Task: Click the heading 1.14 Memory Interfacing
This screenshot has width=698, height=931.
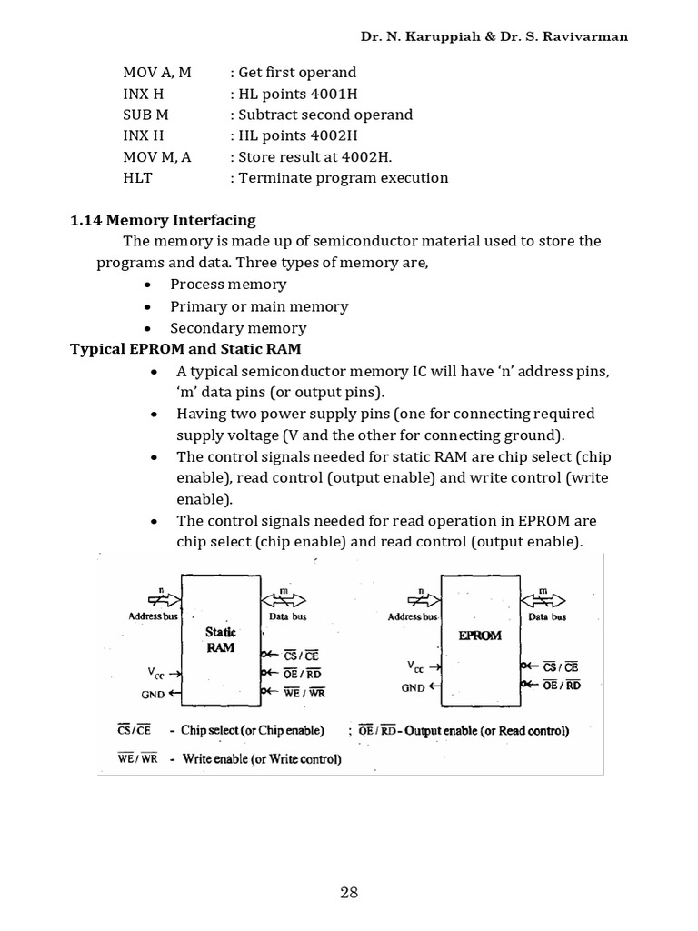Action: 163,220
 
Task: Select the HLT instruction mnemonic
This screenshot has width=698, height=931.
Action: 135,177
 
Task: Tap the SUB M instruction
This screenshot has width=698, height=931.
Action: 145,115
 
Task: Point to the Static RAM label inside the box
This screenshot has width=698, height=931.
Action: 220,639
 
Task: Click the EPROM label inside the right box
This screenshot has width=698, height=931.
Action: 480,636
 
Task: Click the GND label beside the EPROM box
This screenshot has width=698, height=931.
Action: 414,688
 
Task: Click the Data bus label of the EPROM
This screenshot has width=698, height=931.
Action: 545,616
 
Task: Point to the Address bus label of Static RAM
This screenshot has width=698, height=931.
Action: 151,616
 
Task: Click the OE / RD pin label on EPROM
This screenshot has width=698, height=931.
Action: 561,686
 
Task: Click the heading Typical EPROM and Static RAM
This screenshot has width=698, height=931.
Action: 186,349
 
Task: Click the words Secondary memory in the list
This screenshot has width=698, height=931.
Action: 238,328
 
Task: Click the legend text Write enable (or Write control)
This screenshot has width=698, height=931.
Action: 262,758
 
